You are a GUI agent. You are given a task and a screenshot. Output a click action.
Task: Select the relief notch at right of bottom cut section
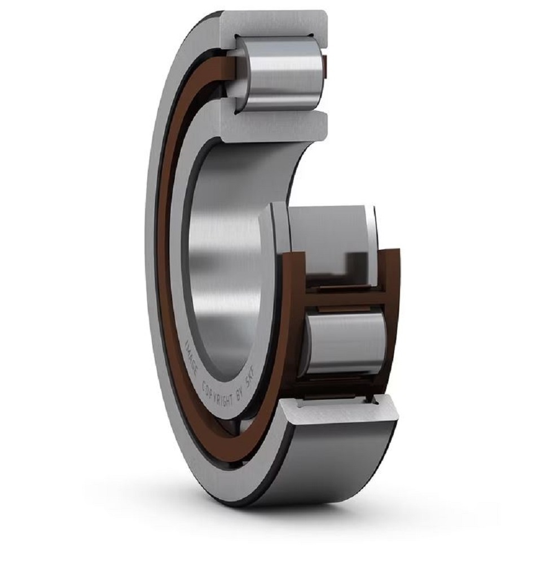(x=373, y=399)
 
